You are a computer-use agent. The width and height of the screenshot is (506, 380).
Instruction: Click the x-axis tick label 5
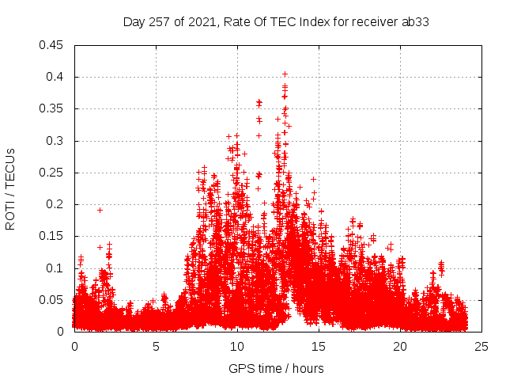click(x=156, y=346)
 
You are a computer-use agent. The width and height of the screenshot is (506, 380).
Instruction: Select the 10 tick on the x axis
click(x=237, y=346)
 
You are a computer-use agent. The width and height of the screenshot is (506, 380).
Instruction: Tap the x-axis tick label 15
click(x=319, y=346)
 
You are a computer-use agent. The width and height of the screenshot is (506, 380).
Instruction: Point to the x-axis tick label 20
click(x=400, y=346)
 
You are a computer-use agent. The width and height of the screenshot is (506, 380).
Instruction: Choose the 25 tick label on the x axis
click(x=481, y=346)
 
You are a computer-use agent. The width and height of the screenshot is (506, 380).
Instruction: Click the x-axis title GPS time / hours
click(x=276, y=368)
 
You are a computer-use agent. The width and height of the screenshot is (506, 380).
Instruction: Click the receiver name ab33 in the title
click(x=415, y=21)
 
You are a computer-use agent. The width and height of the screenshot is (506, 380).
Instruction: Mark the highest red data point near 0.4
click(x=285, y=74)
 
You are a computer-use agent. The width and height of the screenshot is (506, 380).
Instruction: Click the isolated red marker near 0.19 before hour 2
click(x=100, y=210)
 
